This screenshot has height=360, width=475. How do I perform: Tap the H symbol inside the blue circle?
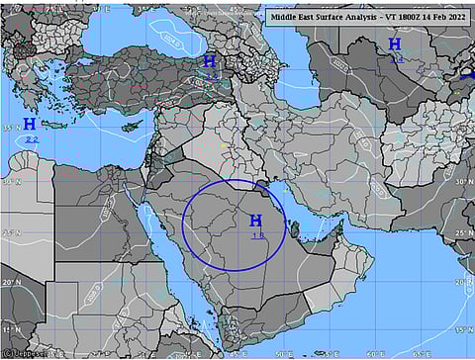point(256,221)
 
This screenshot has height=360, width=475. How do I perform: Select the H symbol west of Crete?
point(30,125)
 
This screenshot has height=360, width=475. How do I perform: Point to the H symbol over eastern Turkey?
point(210,61)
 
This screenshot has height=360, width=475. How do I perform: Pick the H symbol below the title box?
point(395,44)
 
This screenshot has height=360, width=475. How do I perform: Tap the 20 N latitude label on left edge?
point(8,283)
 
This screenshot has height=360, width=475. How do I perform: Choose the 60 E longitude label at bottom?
point(377,353)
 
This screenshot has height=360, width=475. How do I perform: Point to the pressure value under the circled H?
point(257,235)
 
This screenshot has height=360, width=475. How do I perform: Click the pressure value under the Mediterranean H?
point(32,139)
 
